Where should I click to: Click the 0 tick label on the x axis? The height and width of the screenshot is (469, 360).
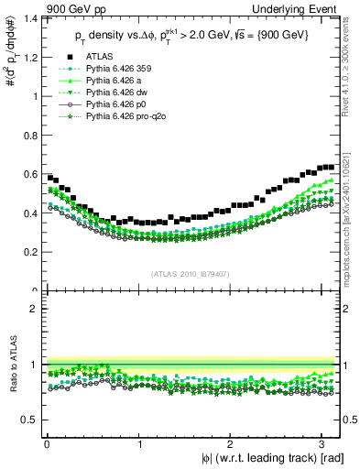[x=46, y=442]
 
